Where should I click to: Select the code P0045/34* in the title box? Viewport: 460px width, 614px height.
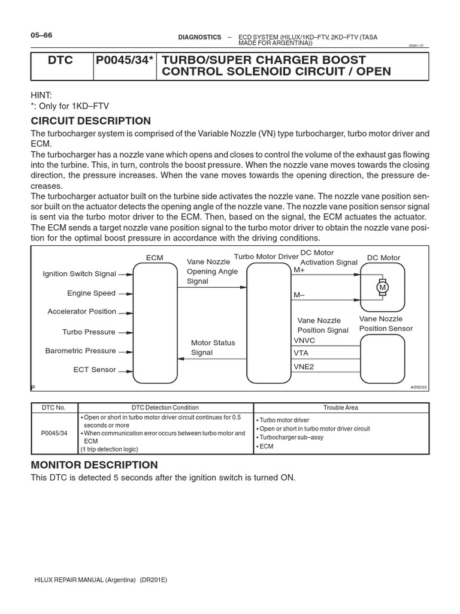125,61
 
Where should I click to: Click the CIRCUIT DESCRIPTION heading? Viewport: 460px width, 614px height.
90,121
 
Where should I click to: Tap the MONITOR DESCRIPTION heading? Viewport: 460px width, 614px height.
94,465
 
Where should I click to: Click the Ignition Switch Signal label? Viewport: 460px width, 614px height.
79,274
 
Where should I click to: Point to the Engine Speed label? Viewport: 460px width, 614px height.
91,293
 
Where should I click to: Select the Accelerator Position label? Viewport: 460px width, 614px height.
81,312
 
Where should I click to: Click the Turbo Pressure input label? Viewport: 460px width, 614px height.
89,332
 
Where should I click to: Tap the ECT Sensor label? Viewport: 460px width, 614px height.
95,370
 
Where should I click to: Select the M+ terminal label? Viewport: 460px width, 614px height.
299,270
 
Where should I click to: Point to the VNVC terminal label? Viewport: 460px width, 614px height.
304,340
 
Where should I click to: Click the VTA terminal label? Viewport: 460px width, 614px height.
301,353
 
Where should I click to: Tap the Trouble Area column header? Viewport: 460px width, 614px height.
340,408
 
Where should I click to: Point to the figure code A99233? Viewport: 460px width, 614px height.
420,387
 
